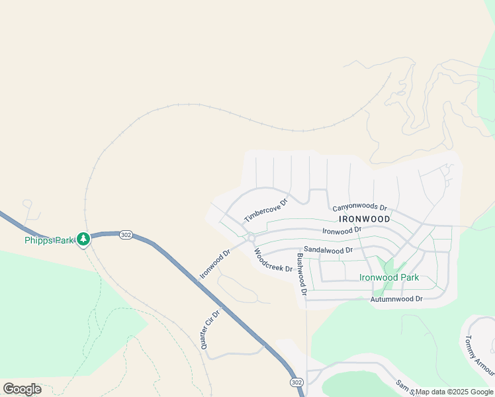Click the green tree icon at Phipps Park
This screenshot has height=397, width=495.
tap(83, 239)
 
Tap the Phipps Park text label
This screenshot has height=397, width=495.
tap(48, 240)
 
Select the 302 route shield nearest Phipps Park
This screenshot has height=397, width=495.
tap(126, 235)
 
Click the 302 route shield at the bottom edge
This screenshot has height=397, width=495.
tap(296, 382)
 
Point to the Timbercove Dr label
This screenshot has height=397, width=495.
tap(266, 210)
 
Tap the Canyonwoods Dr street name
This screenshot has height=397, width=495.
tap(359, 208)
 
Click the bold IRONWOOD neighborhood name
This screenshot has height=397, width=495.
tap(364, 218)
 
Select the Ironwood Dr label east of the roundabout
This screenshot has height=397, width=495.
tap(341, 230)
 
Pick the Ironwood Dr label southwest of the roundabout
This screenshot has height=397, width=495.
tap(214, 263)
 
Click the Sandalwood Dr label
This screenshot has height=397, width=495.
tap(329, 250)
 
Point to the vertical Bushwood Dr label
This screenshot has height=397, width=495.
tap(301, 274)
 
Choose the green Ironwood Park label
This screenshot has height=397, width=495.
tap(388, 277)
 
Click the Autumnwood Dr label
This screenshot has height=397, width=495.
tap(396, 299)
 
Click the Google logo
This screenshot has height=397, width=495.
tap(22, 389)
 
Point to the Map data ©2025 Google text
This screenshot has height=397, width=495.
tap(454, 392)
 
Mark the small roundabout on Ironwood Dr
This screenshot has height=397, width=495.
tap(251, 238)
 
